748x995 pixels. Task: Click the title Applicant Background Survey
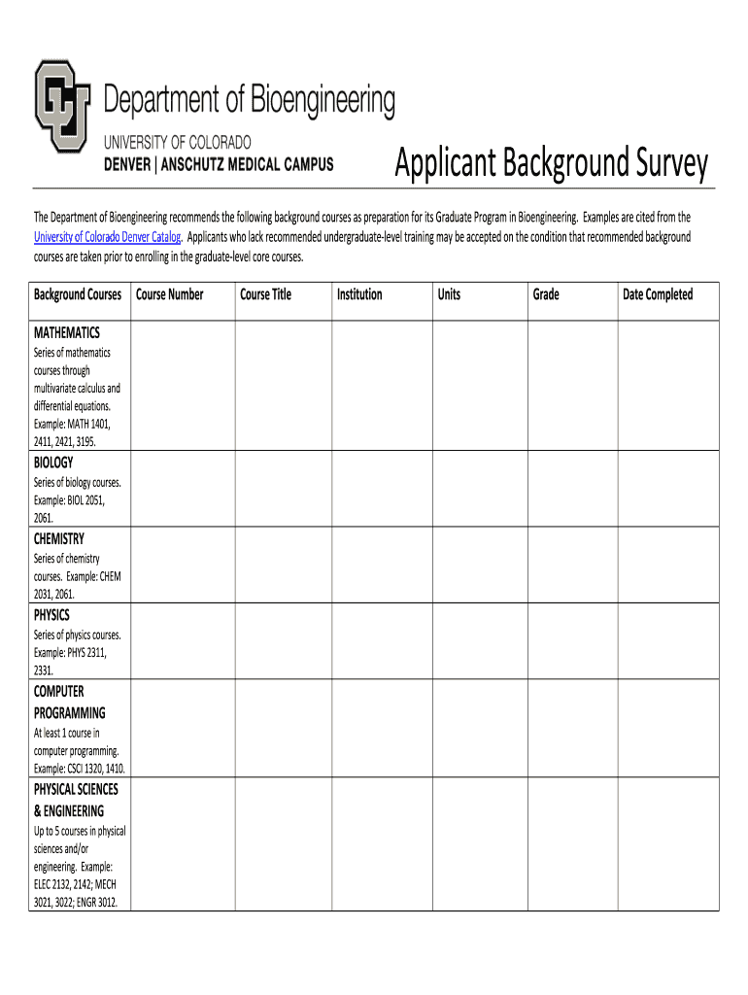coord(551,164)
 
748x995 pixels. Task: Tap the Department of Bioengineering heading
coord(250,100)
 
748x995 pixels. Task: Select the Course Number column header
coord(170,294)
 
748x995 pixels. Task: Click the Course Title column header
coord(265,294)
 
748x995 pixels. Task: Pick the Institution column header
coord(359,294)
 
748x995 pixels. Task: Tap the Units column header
coord(449,294)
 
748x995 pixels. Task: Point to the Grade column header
coord(546,294)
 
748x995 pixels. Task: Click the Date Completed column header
coord(658,294)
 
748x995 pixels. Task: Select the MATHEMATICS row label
coord(67,332)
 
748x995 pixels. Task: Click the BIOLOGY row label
coord(53,463)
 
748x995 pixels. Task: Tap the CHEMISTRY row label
coord(59,539)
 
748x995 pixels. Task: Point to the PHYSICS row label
coord(52,615)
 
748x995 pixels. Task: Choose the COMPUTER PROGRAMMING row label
coord(69,702)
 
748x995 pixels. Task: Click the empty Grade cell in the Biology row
coord(573,490)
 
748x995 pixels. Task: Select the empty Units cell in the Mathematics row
coord(478,386)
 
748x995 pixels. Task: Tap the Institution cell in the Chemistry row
coord(381,566)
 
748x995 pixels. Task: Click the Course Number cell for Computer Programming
coord(182,729)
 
